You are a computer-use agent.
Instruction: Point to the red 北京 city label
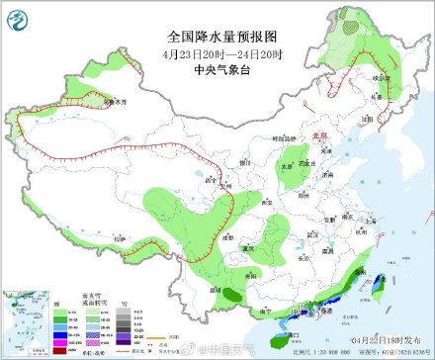tap(317, 136)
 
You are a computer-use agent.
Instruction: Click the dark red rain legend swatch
tap(61, 335)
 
